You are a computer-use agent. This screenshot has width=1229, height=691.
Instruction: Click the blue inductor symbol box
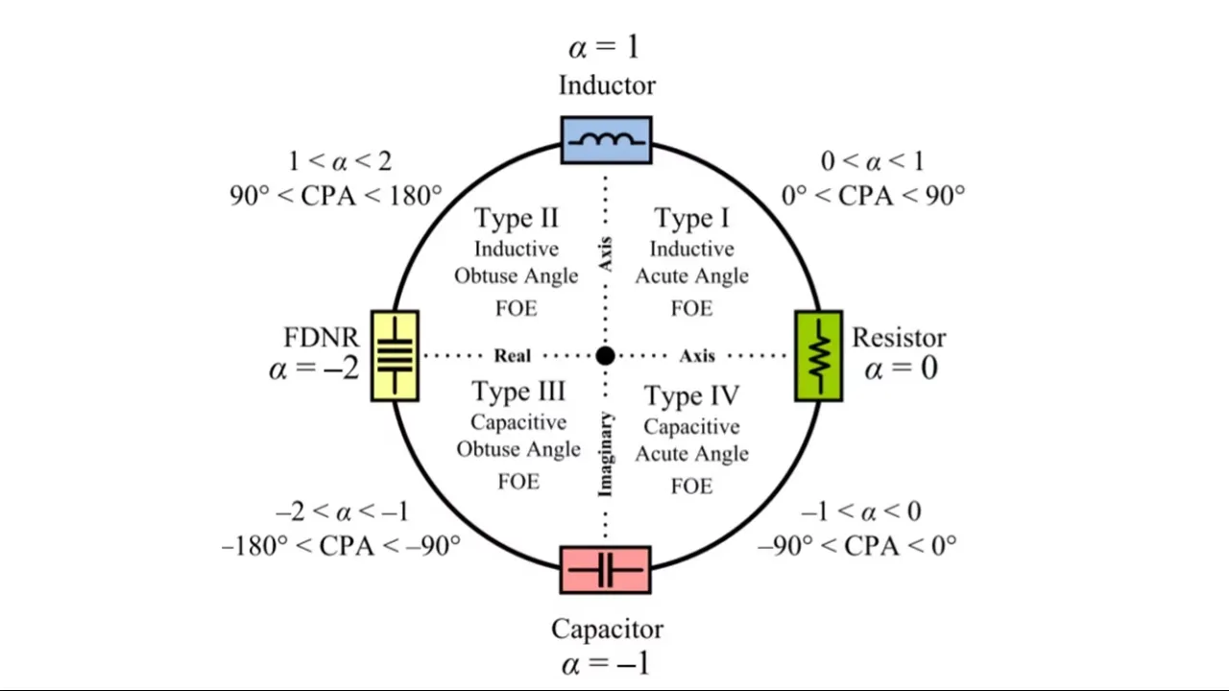coord(606,140)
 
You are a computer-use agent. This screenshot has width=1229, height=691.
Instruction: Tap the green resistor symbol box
coord(819,355)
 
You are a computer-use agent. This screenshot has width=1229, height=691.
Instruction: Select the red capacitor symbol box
coord(605,571)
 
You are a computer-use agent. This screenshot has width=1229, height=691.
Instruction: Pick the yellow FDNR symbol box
coord(395,355)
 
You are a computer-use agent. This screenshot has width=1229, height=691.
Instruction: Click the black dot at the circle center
coord(605,356)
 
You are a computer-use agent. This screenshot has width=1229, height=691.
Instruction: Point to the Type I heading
coord(690,219)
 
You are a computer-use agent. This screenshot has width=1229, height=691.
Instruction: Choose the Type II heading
coord(517,219)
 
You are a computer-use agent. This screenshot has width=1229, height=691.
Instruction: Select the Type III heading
coord(518,392)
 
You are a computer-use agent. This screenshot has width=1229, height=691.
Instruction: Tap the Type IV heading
coord(691,395)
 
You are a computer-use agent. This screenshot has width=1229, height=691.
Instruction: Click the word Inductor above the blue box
coord(607,85)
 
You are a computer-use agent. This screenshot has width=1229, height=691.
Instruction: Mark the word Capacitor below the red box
coord(607,630)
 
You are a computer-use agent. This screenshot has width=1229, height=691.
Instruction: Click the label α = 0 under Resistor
coord(901,369)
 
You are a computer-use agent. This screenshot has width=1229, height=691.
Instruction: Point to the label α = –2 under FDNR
coord(314,368)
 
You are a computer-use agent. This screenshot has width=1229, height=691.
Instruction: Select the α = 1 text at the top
coord(603,47)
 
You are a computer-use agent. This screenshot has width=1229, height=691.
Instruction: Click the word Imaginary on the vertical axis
coord(606,454)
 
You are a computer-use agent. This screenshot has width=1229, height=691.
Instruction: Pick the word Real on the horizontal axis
coord(512,356)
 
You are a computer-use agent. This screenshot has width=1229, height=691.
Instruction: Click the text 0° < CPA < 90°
coord(873,196)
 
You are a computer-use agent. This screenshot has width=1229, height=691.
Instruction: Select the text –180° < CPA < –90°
coord(341,545)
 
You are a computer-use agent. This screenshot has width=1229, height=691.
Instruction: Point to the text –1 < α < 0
coord(860,512)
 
